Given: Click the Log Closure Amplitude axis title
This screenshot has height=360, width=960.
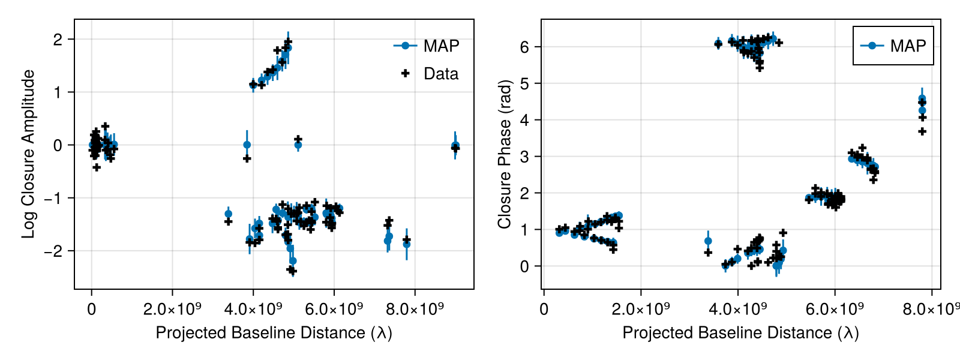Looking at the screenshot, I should [x=28, y=154].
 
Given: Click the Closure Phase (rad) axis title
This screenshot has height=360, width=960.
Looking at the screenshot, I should [x=505, y=154].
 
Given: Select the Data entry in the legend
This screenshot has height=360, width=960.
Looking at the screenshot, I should [x=440, y=74].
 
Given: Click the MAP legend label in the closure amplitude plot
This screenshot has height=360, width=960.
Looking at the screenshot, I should [x=441, y=46].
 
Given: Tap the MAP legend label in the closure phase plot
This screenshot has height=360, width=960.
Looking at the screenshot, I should [x=908, y=46].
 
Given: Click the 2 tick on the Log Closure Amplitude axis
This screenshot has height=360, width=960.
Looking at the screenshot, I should [x=58, y=40].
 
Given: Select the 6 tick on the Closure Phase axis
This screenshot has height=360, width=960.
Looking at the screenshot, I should [x=524, y=47].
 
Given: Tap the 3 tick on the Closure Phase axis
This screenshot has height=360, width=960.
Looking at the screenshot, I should [x=524, y=157].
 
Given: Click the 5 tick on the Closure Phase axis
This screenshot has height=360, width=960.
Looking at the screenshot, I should [x=524, y=83].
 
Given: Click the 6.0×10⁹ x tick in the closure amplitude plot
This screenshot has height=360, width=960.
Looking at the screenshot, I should [x=334, y=309].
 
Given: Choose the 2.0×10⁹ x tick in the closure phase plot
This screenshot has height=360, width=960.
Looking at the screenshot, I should [x=641, y=309].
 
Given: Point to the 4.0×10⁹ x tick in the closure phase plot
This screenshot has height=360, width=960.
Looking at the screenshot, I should [x=738, y=309].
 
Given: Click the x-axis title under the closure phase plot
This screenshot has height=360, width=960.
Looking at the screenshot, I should [x=740, y=332].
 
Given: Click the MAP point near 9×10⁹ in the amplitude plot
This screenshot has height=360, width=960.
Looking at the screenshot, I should [x=455, y=145].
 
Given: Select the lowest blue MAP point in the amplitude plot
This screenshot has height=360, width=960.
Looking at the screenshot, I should [x=293, y=261].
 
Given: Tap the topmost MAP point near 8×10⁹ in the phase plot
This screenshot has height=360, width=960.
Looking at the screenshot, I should [x=922, y=98].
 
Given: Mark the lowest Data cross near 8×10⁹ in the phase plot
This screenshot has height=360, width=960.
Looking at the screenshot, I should [x=922, y=131].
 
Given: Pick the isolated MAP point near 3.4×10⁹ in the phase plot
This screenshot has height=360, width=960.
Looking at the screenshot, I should [x=708, y=241].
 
